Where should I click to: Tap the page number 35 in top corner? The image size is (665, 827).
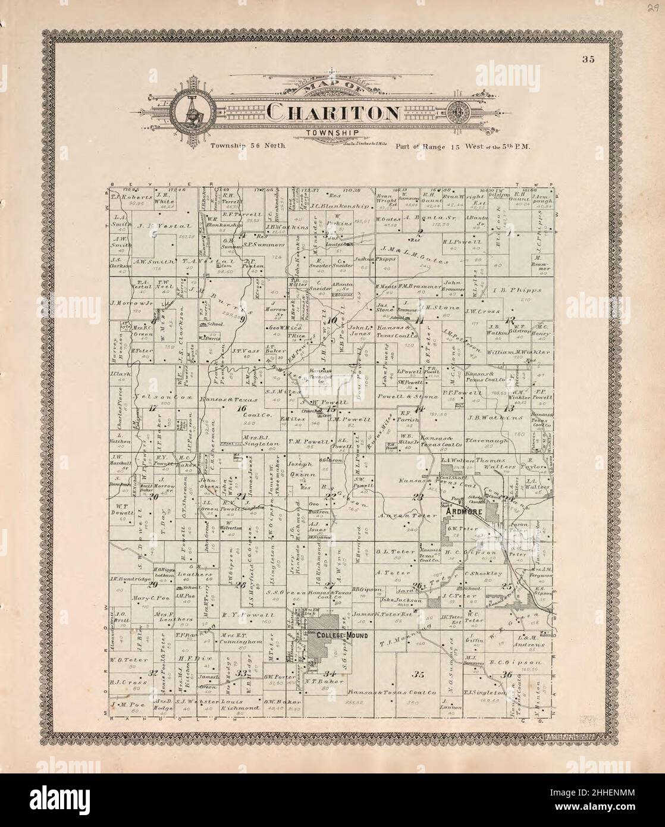(589, 59)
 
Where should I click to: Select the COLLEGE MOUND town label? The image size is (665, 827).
(342, 635)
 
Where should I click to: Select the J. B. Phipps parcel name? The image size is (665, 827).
(517, 290)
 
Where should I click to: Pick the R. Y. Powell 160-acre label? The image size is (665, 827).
(247, 614)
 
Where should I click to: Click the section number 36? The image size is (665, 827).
(507, 674)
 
